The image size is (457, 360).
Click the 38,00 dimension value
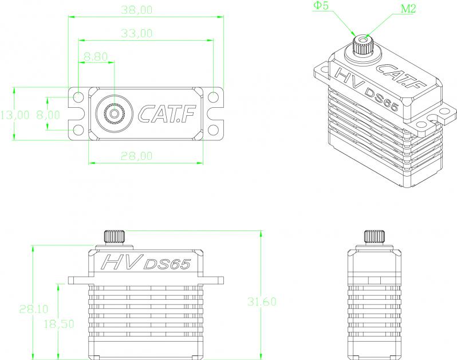(x=137, y=10)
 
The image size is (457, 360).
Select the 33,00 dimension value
(x=137, y=34)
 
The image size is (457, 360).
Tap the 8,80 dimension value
(x=96, y=57)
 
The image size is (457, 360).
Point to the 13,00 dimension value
(x=14, y=115)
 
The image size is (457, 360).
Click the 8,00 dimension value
(x=48, y=115)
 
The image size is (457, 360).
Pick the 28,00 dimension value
(x=137, y=156)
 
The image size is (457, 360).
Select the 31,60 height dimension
(x=262, y=302)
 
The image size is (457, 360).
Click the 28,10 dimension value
(x=34, y=309)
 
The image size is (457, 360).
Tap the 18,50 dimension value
(x=58, y=324)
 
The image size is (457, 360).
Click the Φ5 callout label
(x=321, y=6)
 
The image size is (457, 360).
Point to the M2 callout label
(x=408, y=9)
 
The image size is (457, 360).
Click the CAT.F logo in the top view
(x=167, y=114)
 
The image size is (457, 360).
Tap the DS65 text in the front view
(x=167, y=264)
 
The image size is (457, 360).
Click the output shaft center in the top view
(x=115, y=113)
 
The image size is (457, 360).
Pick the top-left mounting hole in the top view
(x=78, y=96)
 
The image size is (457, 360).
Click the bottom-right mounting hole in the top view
(x=214, y=130)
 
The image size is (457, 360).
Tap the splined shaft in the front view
(x=115, y=237)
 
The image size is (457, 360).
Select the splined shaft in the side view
(x=374, y=237)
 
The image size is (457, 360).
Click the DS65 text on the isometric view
(x=381, y=100)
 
